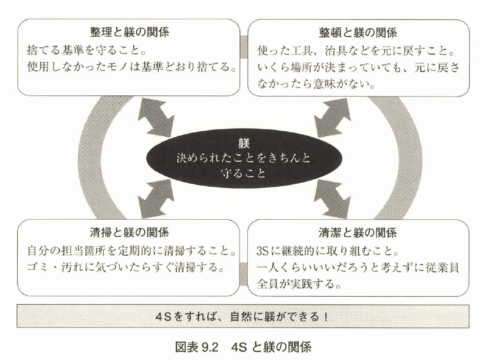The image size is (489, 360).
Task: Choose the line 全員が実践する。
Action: [300, 285]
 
